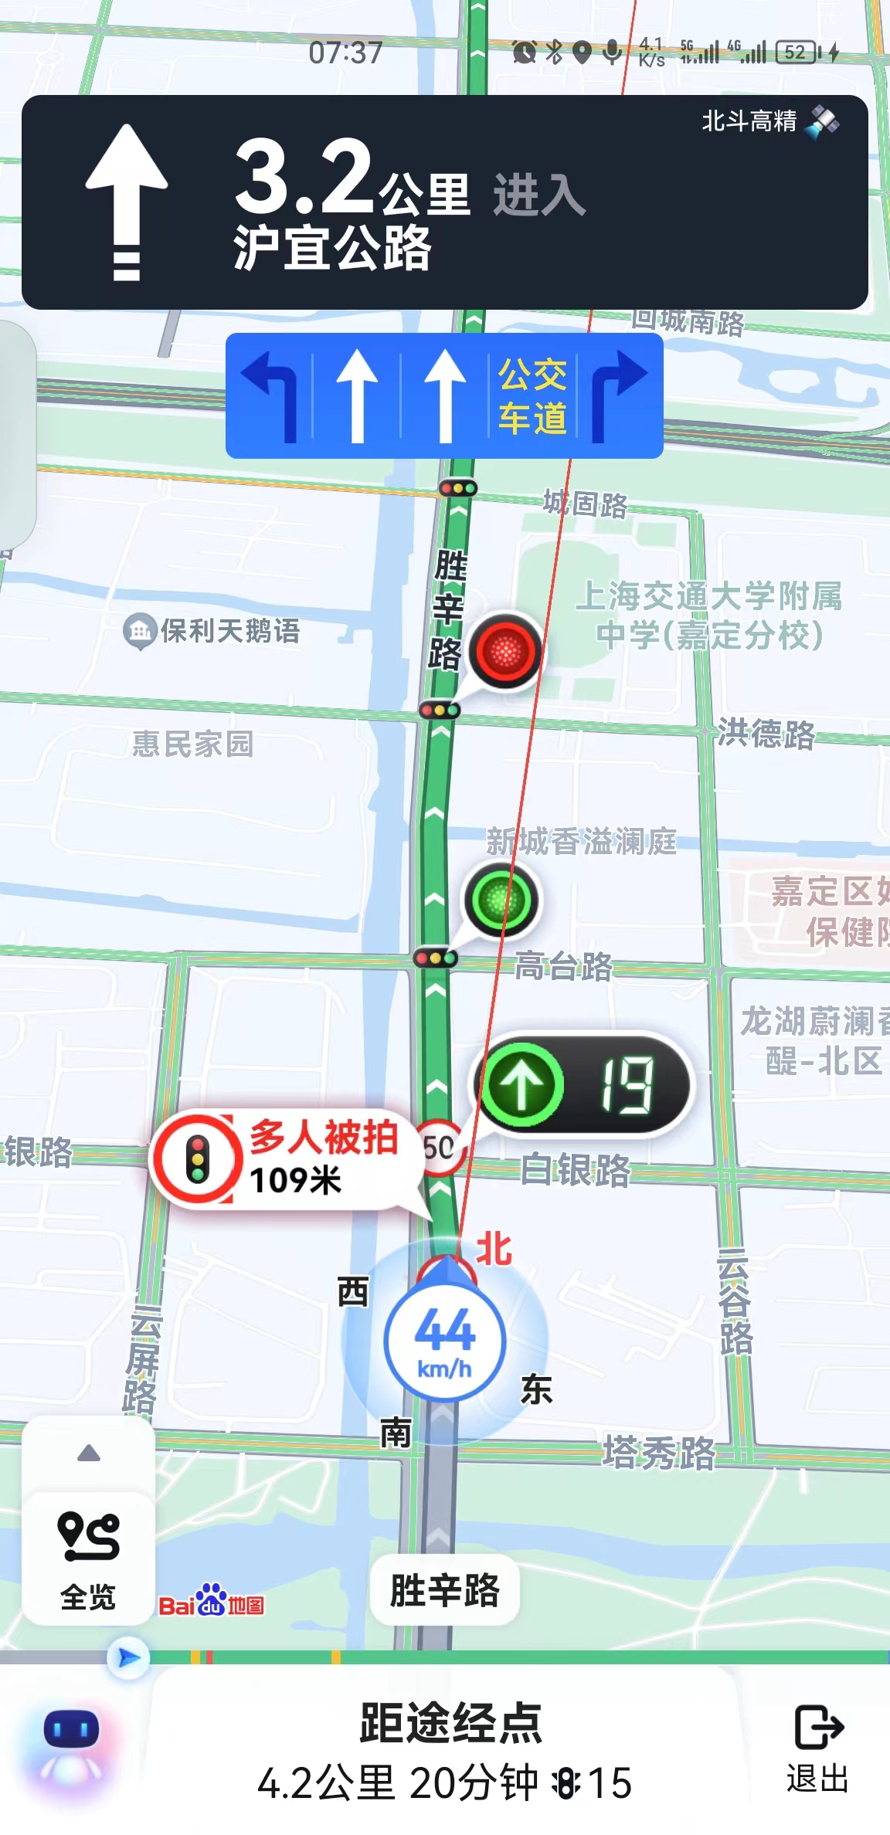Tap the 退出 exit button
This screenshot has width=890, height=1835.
point(818,1750)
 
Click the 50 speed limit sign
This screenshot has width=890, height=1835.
point(439,1148)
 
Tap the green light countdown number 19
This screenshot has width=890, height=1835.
point(627,1085)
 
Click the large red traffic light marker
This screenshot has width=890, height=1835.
point(505,651)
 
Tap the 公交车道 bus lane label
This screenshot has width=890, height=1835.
point(532,396)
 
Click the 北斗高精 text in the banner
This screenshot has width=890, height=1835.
point(749,121)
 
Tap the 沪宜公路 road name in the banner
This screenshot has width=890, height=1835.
point(332,249)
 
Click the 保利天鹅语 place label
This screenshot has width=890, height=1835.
point(229,631)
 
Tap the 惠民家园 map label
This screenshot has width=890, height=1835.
point(192,744)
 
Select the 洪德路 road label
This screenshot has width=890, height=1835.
point(766,733)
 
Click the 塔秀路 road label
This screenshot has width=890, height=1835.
point(659,1453)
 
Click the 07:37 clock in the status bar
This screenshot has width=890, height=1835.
point(345,53)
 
